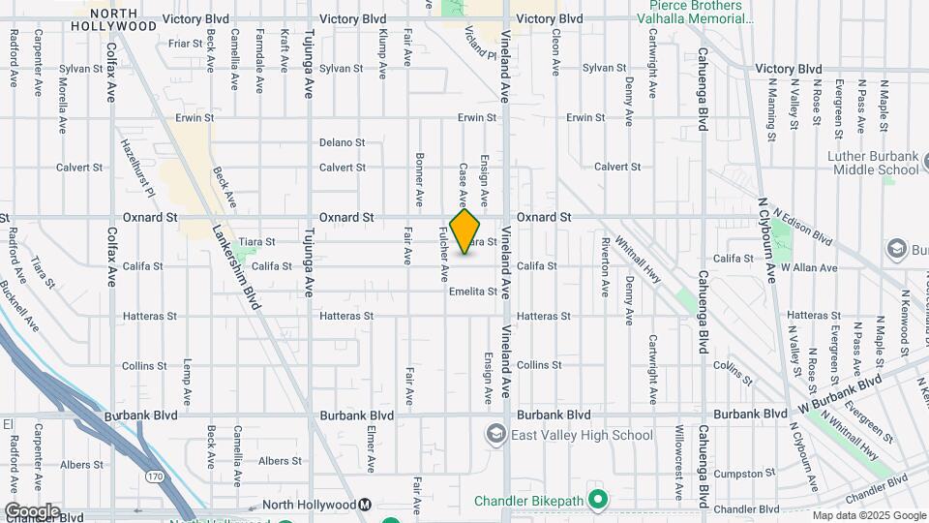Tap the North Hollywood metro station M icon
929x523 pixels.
(365, 505)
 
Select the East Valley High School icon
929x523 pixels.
(497, 435)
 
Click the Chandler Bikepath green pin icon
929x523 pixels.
(598, 501)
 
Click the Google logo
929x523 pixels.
(32, 510)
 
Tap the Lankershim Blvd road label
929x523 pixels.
(236, 270)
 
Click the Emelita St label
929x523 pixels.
(472, 292)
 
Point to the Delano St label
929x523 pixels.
(343, 142)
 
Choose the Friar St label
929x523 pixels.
(184, 43)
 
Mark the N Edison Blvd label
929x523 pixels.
(803, 226)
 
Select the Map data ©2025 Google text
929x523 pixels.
(868, 515)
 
